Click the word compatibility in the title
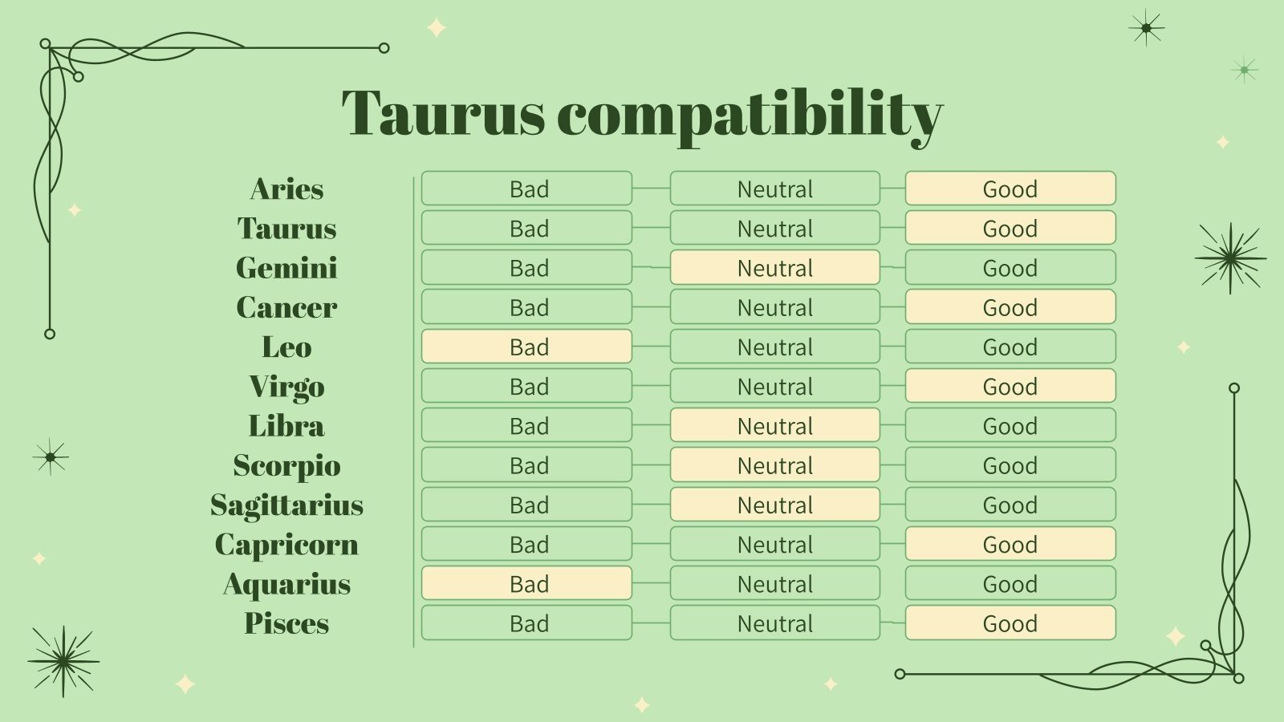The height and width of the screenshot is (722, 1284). pos(750,117)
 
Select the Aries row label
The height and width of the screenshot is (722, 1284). pos(286,189)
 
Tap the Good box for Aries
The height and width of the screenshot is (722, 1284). pos(1010,188)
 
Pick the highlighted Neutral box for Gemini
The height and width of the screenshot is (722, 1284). pos(775,267)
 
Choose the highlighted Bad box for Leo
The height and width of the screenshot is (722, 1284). pos(526,346)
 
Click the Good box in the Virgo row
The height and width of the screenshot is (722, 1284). pos(1010,386)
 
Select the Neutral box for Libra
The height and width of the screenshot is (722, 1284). pos(775,425)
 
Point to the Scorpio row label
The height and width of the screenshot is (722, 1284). pos(286,465)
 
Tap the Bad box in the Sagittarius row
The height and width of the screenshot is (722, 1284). pos(526,505)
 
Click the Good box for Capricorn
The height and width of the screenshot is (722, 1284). pos(1010,544)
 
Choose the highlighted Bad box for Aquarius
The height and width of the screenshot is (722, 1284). pos(526,583)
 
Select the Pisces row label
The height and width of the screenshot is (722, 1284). pos(286,623)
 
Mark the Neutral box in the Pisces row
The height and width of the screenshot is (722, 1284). pos(775,623)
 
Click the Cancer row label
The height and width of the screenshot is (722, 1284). pos(286,307)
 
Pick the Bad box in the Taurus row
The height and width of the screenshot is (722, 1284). pos(526,228)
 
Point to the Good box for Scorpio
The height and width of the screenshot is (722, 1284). pos(1010,464)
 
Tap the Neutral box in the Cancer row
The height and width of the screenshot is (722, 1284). pos(775,306)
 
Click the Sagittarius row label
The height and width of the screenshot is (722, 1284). pos(286,505)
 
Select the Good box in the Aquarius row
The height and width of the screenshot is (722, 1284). pos(1010,583)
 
